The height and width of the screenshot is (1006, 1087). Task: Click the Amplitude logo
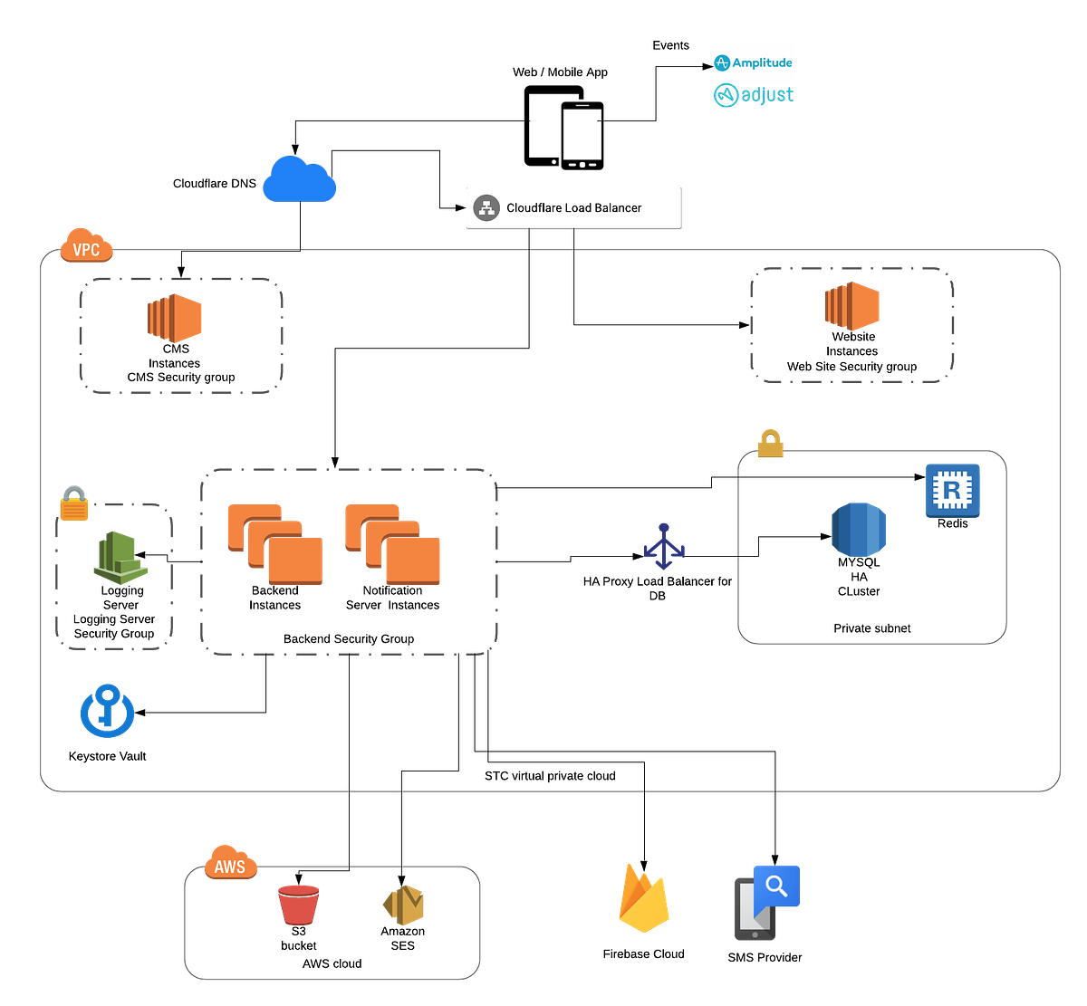753,62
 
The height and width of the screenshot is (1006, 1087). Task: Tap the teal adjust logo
753,95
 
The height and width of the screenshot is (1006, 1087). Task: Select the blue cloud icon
300,179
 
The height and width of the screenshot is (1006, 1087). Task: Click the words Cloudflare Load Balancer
573,207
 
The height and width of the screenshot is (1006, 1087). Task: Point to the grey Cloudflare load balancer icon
487,207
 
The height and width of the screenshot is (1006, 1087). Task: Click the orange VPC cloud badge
86,246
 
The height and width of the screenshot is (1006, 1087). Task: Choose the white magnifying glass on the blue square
777,886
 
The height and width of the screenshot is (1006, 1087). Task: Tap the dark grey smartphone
754,910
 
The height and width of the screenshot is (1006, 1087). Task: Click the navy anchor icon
665,546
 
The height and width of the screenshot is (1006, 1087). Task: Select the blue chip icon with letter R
952,490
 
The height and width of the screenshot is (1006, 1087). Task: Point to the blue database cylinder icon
858,529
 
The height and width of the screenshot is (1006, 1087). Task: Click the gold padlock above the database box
771,443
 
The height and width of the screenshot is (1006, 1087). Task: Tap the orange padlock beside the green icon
75,503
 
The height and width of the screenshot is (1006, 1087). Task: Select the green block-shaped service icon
120,557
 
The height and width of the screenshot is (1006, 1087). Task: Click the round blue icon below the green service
107,713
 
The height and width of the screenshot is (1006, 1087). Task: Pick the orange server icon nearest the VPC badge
176,318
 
